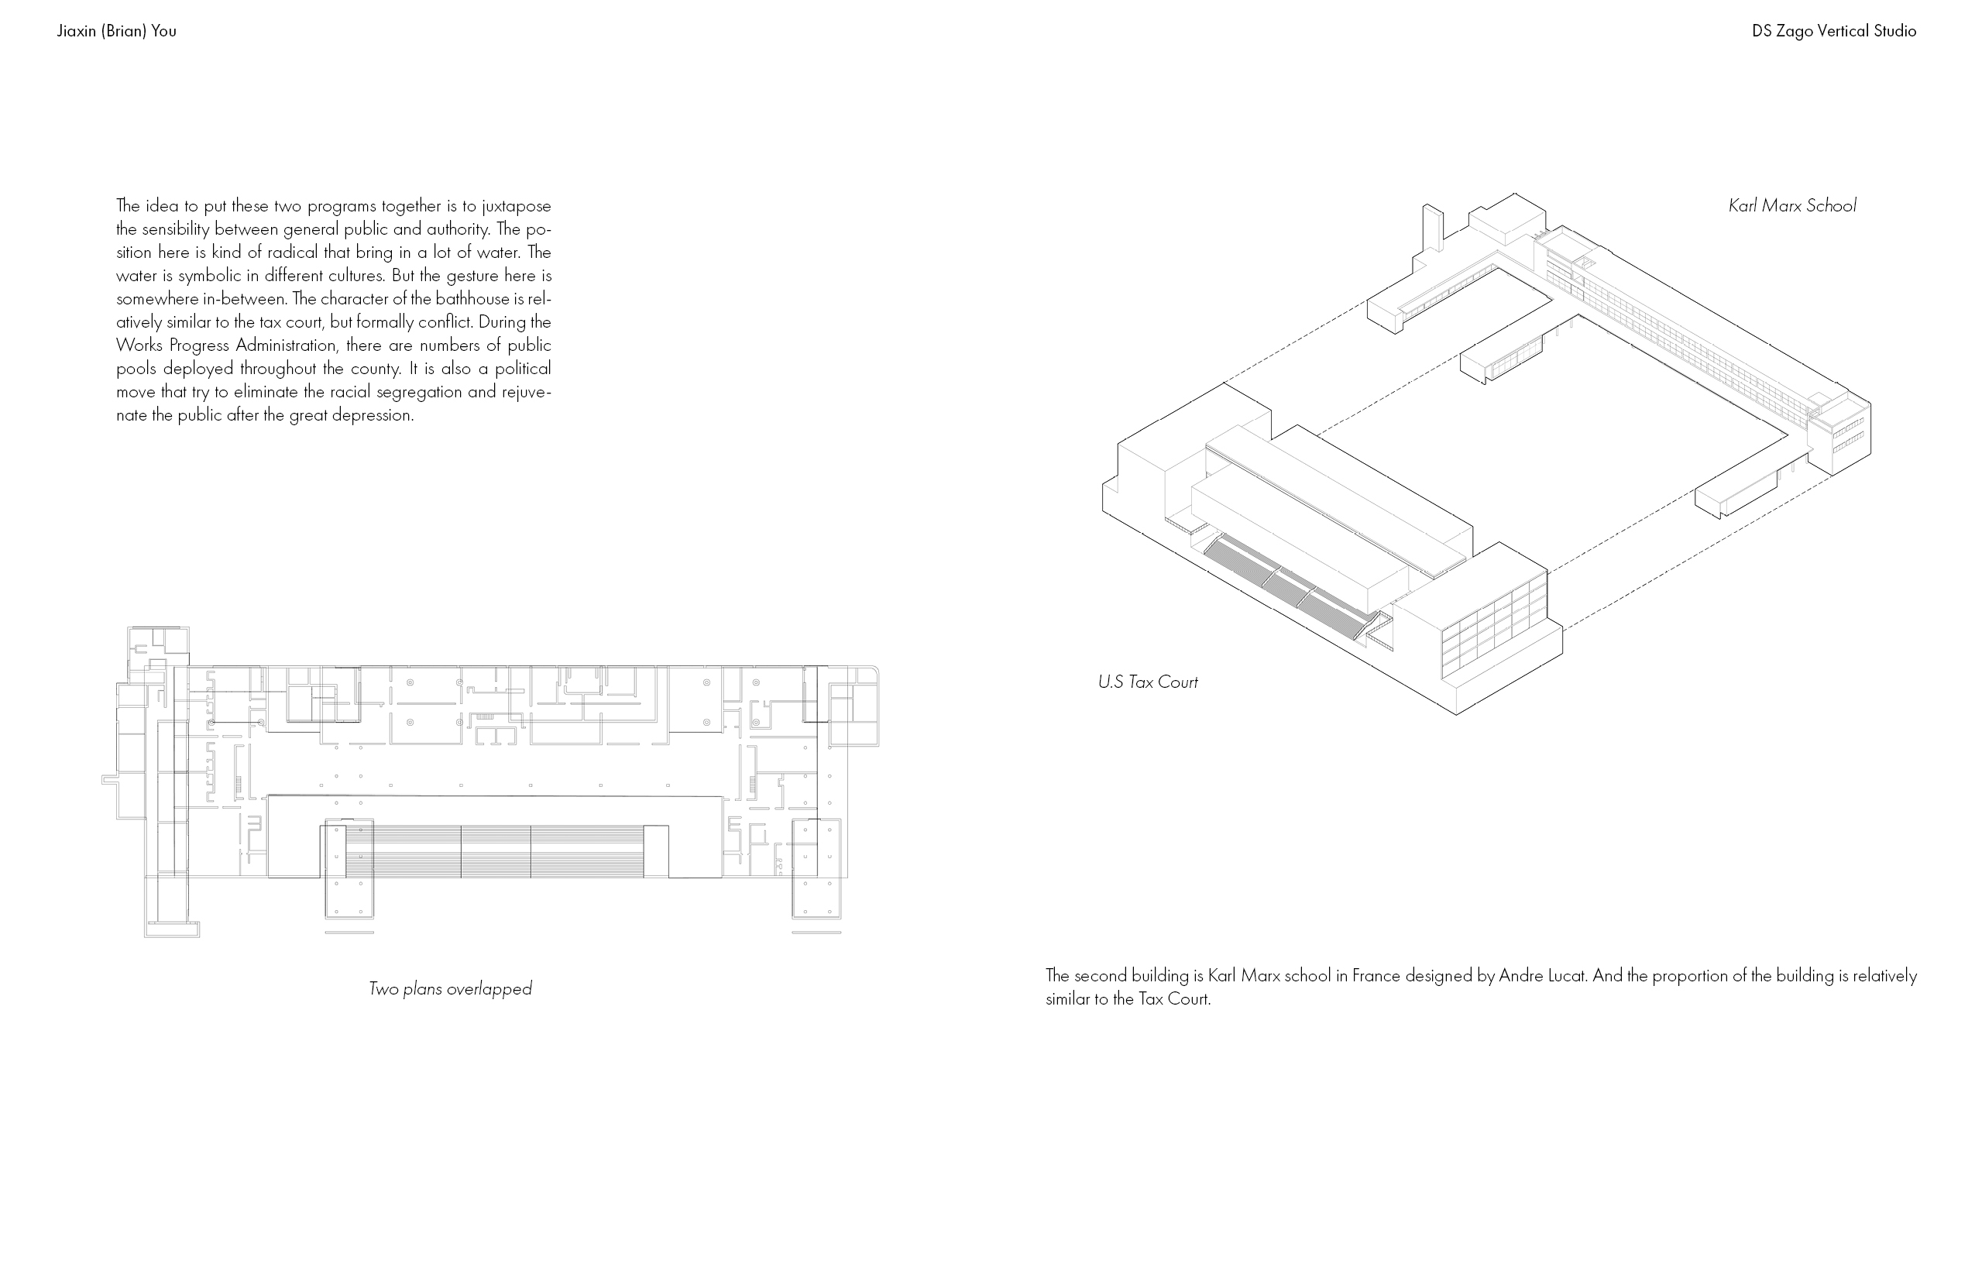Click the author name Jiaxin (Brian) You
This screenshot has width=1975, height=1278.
tap(116, 32)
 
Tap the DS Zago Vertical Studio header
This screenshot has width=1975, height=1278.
tap(1834, 32)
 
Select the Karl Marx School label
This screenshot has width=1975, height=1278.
tap(1791, 206)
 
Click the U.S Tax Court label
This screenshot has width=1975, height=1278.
tap(1148, 682)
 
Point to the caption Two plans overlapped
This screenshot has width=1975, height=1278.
tap(450, 989)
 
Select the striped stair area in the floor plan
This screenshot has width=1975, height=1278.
tap(495, 850)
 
